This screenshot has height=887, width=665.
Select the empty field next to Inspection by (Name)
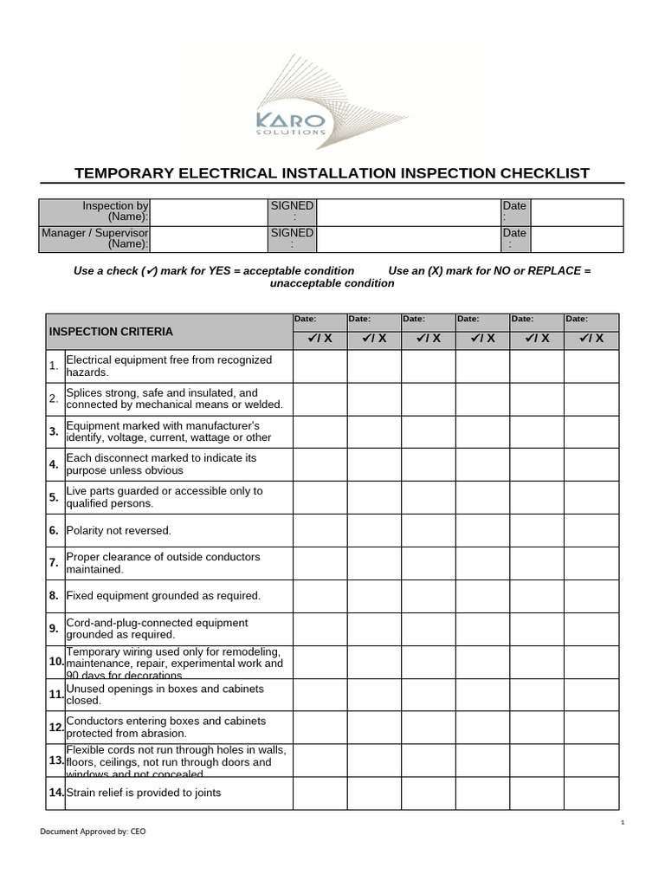(209, 212)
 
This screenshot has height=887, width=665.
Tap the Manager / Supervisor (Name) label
(95, 239)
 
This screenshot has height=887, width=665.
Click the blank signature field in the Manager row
(408, 239)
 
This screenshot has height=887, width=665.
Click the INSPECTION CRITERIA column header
(111, 332)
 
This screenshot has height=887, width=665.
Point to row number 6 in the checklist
(53, 530)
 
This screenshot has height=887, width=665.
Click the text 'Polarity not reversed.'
(119, 530)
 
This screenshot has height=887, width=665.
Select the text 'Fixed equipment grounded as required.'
(163, 596)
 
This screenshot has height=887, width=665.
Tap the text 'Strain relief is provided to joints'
(143, 793)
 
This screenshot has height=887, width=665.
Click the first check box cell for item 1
(320, 366)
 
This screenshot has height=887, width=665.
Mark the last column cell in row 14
(591, 793)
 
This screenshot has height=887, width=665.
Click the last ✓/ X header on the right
(591, 339)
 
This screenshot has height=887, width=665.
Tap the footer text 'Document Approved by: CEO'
(93, 831)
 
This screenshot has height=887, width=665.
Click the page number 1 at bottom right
(623, 821)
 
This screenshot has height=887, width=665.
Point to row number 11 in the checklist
(55, 695)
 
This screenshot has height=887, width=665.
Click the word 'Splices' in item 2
(83, 392)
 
